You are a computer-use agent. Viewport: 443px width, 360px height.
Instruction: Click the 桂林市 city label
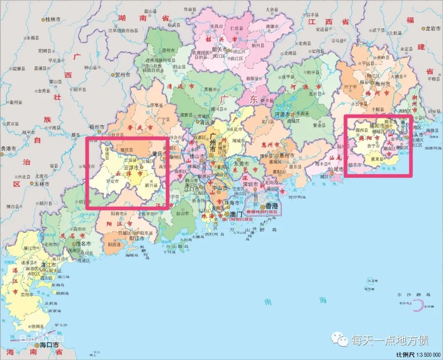coord(53,19)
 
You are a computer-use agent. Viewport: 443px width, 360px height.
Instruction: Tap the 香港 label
coord(272,206)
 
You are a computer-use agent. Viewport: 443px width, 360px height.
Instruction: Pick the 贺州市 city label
coord(122,75)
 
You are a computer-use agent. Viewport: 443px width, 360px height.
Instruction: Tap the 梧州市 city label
coord(97,127)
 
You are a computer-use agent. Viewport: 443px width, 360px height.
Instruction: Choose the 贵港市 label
coord(8,148)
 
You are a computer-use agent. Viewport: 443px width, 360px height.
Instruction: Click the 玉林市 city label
coord(41,184)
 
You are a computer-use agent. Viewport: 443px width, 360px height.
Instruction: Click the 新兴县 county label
coord(151,185)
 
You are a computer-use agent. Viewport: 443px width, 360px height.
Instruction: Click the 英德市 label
coord(200,89)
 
